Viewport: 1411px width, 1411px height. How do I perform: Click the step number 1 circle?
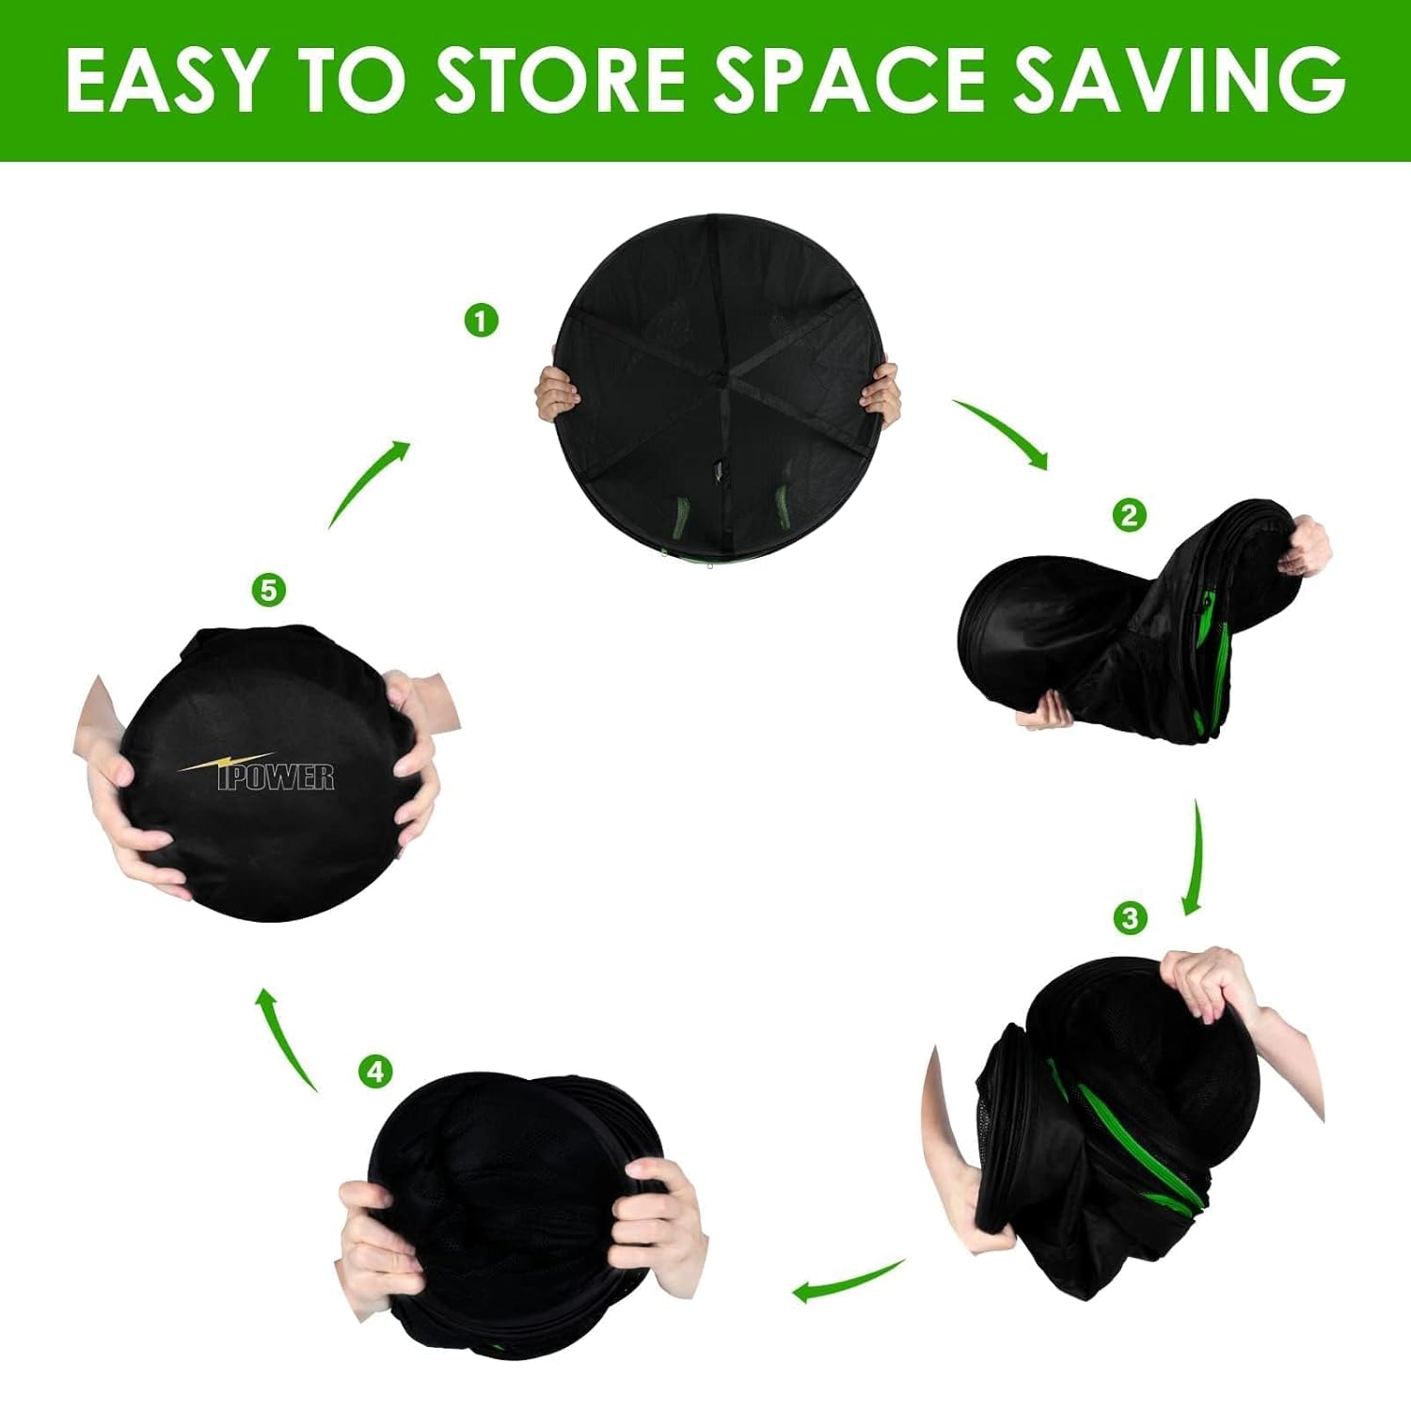pos(481,321)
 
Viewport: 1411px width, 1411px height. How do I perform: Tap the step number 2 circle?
pos(1129,515)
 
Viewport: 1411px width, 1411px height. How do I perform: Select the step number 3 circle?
pos(1130,917)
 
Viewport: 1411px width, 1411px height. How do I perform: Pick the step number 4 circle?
pos(375,1071)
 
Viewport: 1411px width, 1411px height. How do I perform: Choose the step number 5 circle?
pos(269,591)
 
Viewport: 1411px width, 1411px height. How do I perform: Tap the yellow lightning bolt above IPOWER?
pos(226,763)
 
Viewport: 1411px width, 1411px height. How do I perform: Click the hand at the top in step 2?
pos(1306,547)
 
